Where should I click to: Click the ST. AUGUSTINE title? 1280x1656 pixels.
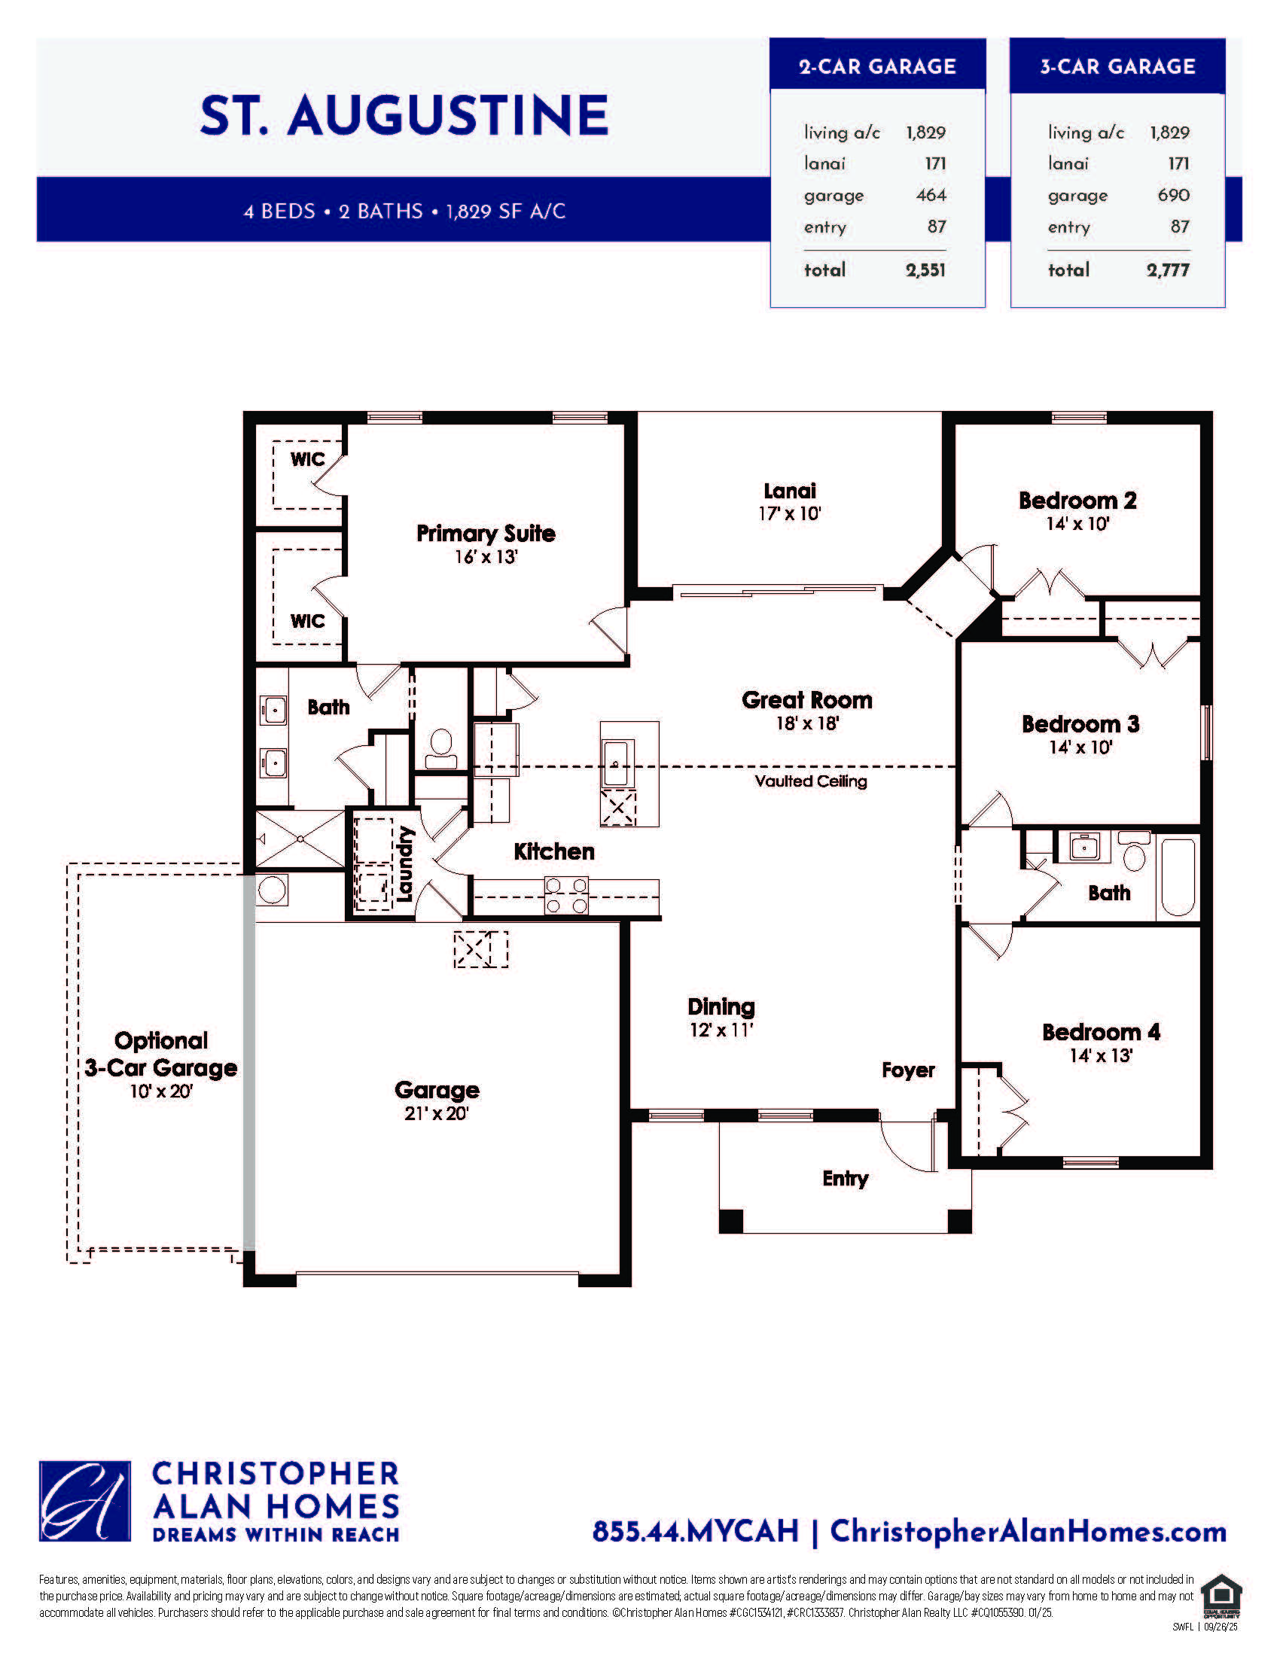pyautogui.click(x=404, y=115)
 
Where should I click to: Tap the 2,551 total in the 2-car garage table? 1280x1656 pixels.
pyautogui.click(x=925, y=270)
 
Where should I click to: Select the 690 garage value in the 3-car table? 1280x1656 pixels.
pyautogui.click(x=1174, y=195)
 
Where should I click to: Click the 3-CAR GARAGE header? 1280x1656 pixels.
pyautogui.click(x=1117, y=67)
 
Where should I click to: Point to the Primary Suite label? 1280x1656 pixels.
pyautogui.click(x=486, y=533)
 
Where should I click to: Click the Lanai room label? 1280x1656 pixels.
pyautogui.click(x=789, y=491)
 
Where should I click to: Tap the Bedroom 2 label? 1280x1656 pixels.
pyautogui.click(x=1077, y=501)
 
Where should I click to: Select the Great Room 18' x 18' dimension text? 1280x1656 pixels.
pyautogui.click(x=807, y=723)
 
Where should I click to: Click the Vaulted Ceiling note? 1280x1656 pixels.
pyautogui.click(x=811, y=781)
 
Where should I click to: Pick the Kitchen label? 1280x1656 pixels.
pyautogui.click(x=553, y=851)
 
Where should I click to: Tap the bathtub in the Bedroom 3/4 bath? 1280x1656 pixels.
pyautogui.click(x=1178, y=876)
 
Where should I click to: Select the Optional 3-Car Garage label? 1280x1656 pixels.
pyautogui.click(x=161, y=1054)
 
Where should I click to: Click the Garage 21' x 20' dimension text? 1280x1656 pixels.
pyautogui.click(x=437, y=1113)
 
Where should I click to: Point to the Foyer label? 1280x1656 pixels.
pyautogui.click(x=908, y=1070)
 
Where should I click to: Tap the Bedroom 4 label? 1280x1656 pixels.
pyautogui.click(x=1101, y=1032)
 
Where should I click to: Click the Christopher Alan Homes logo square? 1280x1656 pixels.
pyautogui.click(x=85, y=1502)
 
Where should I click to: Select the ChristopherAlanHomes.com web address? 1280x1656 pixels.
pyautogui.click(x=1029, y=1532)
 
